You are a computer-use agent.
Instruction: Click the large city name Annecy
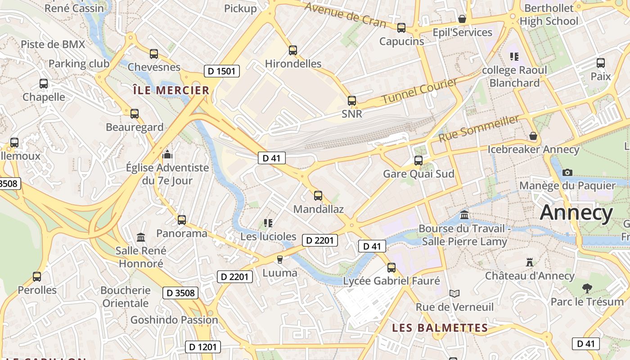(x=576, y=212)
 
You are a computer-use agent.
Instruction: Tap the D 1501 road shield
(x=221, y=71)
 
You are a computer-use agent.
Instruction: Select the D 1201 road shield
(x=203, y=347)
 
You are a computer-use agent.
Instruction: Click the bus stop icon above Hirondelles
(x=293, y=50)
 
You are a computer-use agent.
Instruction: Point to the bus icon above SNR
(x=352, y=100)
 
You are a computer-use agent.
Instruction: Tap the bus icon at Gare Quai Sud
(x=418, y=160)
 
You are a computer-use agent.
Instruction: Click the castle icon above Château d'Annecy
(x=530, y=262)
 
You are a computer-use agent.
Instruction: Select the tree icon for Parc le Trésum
(x=587, y=288)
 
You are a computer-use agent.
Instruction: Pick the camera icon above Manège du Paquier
(x=567, y=172)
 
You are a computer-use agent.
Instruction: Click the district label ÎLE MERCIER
(x=171, y=90)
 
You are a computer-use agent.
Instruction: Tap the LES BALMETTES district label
(x=440, y=328)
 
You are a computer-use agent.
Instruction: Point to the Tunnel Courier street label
(x=419, y=91)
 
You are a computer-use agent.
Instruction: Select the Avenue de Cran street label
(x=345, y=15)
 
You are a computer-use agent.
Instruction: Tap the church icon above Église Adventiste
(x=167, y=154)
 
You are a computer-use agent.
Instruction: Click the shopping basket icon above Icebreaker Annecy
(x=533, y=136)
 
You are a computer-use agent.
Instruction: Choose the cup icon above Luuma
(x=279, y=259)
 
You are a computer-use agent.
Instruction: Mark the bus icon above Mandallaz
(x=318, y=195)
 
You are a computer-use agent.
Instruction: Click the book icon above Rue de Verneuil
(x=454, y=293)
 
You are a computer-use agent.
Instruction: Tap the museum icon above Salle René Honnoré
(x=141, y=237)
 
